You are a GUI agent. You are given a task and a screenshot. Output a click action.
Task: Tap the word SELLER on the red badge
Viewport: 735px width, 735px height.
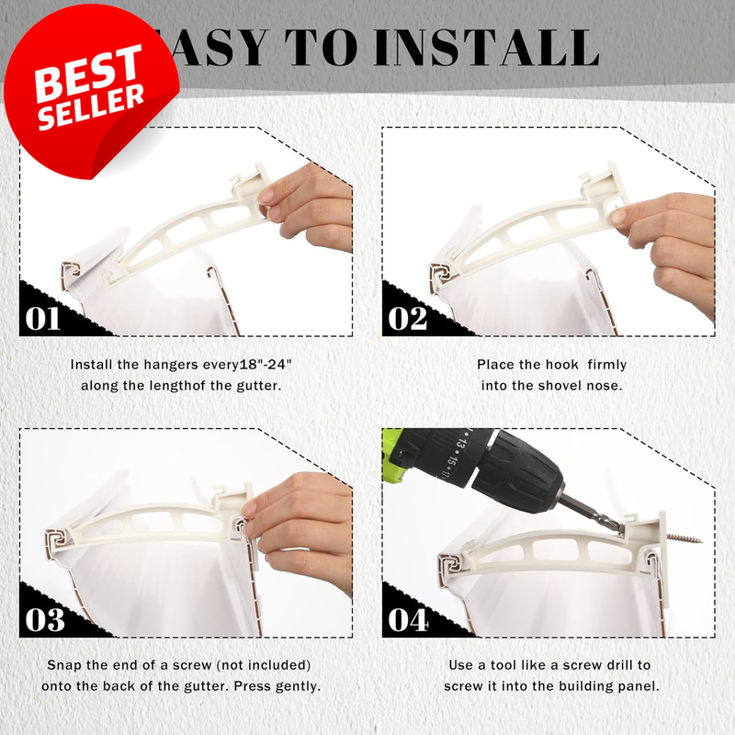tap(91, 107)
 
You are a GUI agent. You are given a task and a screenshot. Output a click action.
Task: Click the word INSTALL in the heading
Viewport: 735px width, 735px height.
tap(487, 48)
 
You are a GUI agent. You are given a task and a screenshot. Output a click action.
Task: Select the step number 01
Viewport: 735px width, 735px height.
tap(42, 319)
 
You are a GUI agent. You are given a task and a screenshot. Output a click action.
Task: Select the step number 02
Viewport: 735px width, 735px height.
tap(407, 319)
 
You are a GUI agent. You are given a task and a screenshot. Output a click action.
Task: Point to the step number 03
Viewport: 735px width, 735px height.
tap(44, 619)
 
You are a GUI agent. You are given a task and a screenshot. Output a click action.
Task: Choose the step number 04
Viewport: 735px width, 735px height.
tap(408, 619)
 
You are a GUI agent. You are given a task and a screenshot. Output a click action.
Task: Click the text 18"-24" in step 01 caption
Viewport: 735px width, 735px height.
tap(266, 364)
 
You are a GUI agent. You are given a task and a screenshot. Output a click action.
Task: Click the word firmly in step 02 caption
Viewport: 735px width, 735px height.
tap(606, 364)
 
